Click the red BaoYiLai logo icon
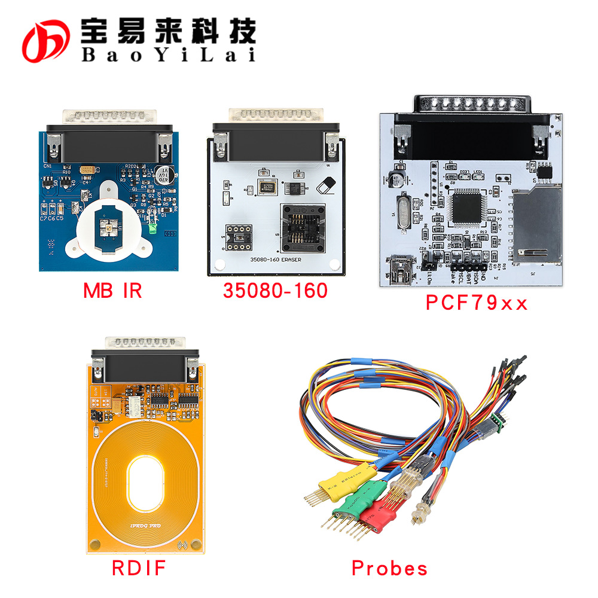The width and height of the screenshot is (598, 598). [47, 40]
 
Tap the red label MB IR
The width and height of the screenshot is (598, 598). [112, 291]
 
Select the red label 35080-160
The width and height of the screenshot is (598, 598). [275, 291]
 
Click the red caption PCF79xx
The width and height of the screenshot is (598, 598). [477, 303]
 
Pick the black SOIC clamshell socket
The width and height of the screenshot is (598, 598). [304, 228]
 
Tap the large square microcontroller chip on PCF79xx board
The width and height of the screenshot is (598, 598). [467, 207]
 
